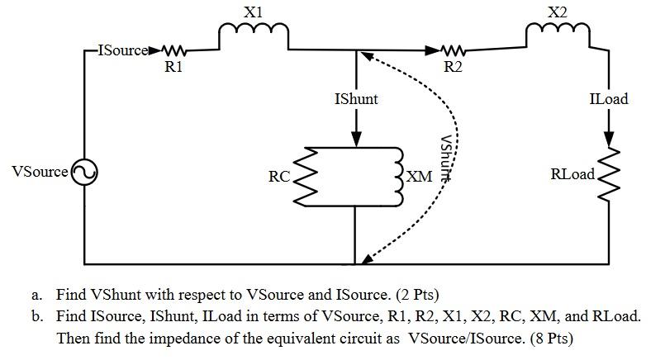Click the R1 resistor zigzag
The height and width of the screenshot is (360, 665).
(174, 50)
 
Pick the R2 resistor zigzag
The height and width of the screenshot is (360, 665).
(453, 50)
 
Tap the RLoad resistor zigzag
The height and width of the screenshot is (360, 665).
(609, 174)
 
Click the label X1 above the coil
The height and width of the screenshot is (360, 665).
(254, 12)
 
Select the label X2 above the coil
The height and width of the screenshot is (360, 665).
(558, 12)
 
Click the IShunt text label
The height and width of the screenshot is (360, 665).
(356, 99)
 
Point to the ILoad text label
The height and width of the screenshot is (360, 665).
(609, 99)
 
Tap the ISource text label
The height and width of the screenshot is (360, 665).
(122, 50)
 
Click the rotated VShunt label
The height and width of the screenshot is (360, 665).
(446, 157)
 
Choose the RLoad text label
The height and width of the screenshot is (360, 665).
(572, 175)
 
